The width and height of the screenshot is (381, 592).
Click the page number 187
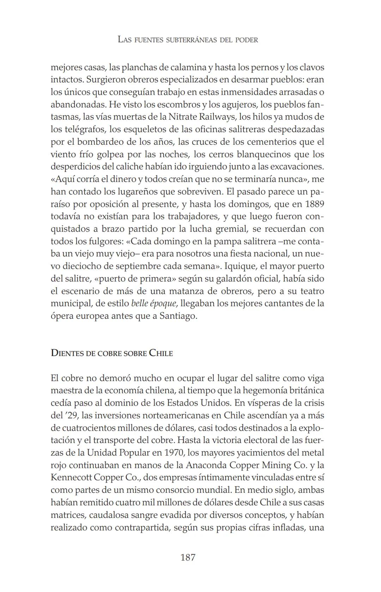pos(188,557)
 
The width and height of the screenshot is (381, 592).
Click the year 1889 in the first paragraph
pos(315,204)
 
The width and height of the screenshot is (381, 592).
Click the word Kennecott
pos(71,477)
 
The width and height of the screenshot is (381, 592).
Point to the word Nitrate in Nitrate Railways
pos(183,116)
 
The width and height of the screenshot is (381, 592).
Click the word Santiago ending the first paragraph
pos(178,316)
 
